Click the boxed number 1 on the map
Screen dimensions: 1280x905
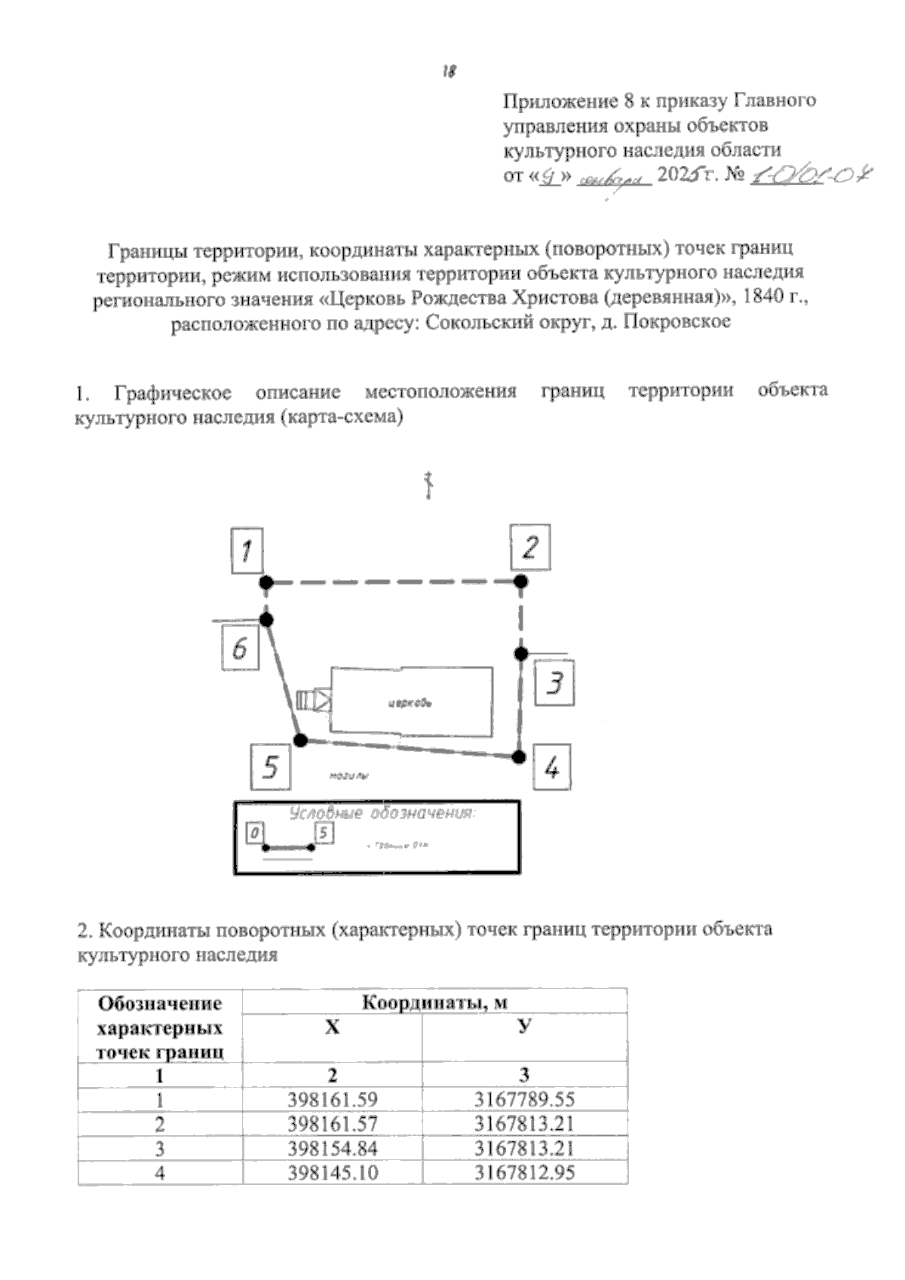(247, 551)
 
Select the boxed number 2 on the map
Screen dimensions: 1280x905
(530, 547)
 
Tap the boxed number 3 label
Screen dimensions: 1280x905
(554, 683)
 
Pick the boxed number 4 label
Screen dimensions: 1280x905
(552, 767)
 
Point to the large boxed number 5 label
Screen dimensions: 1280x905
(271, 766)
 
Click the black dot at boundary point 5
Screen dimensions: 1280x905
(300, 740)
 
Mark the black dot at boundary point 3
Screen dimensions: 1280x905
(520, 653)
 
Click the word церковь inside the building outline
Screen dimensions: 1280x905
(410, 704)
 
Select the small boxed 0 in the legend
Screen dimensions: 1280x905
(256, 833)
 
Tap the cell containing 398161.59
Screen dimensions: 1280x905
(333, 1100)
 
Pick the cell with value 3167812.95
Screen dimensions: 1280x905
(524, 1172)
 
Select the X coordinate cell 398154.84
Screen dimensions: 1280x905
(333, 1148)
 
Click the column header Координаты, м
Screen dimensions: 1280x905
(434, 1002)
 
